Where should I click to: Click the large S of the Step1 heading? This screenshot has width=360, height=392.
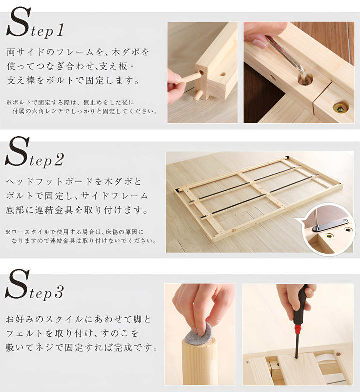click(19, 22)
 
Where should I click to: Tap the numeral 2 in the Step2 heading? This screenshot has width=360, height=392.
click(59, 160)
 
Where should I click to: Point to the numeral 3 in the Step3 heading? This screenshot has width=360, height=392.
click(59, 292)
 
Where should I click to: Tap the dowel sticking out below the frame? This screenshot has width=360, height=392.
click(198, 95)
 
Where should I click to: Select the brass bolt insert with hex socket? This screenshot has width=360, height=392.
click(340, 108)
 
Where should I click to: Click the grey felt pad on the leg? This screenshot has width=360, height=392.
click(198, 334)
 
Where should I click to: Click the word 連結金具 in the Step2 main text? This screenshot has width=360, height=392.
click(54, 210)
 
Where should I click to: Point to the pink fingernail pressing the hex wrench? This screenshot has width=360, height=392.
click(259, 44)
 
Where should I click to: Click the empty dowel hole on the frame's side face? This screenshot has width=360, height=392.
click(223, 74)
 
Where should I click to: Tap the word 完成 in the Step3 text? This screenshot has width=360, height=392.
click(123, 347)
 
